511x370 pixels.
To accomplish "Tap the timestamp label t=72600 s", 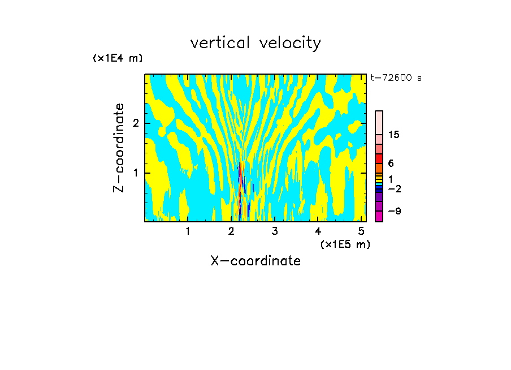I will click(396, 78).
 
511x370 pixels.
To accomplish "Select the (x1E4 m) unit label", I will click(118, 58).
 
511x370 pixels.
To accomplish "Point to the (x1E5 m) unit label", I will click(345, 244).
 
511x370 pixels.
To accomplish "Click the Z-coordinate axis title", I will click(119, 148).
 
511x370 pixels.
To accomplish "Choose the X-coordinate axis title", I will click(255, 261).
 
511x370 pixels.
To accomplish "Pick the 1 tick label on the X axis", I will click(188, 231).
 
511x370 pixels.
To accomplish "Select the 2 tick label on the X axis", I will click(231, 231).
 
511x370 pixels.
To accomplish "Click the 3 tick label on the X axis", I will click(275, 231).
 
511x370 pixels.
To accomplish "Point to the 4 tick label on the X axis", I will click(318, 231).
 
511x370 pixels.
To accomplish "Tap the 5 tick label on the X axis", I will click(361, 231).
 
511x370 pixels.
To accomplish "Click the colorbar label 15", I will click(394, 135).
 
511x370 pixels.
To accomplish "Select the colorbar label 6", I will click(391, 164).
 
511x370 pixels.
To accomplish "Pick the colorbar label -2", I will click(394, 188).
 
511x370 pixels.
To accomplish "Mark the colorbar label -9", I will click(394, 211).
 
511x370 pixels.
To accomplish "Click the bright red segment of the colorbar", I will click(379, 158).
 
